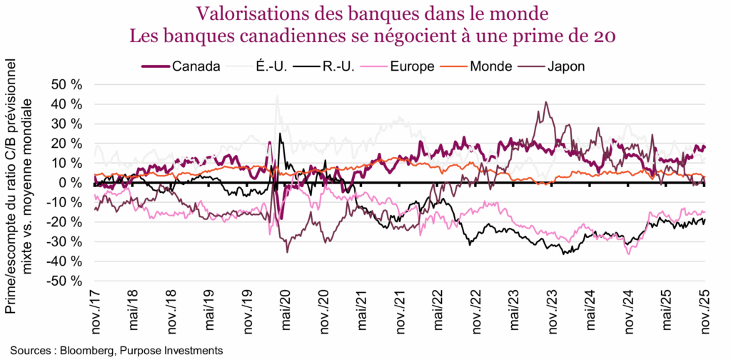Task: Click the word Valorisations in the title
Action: pos(238,14)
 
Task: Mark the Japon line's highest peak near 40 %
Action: pos(546,102)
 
